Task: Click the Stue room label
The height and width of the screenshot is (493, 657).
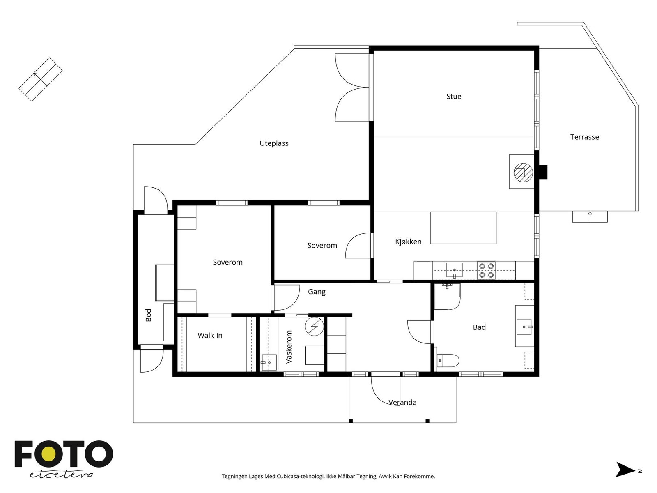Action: pyautogui.click(x=453, y=97)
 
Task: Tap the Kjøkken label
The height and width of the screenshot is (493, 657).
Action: pyautogui.click(x=408, y=242)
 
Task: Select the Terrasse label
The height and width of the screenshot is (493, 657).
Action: pyautogui.click(x=584, y=137)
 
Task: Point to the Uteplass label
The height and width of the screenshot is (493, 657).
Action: pyautogui.click(x=274, y=143)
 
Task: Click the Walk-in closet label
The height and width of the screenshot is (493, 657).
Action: pyautogui.click(x=210, y=336)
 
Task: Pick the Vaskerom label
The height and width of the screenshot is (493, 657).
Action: pyautogui.click(x=289, y=347)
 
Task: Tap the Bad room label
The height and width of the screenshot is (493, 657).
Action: pyautogui.click(x=479, y=327)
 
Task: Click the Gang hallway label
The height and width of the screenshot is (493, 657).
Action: pyautogui.click(x=317, y=292)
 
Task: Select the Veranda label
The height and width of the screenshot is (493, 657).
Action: pyautogui.click(x=402, y=402)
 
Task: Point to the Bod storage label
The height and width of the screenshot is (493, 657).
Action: pyautogui.click(x=149, y=315)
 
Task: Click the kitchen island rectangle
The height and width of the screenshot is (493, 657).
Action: pyautogui.click(x=463, y=228)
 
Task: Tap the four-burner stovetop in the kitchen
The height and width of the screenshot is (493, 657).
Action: pyautogui.click(x=486, y=270)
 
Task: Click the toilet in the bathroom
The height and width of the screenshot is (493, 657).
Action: pyautogui.click(x=448, y=360)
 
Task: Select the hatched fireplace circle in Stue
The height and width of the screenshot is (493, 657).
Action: pyautogui.click(x=523, y=173)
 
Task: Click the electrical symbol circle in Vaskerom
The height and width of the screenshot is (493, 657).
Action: pyautogui.click(x=314, y=326)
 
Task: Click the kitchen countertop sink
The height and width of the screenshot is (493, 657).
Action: pyautogui.click(x=454, y=270)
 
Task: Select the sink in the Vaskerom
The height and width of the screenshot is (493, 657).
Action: pyautogui.click(x=269, y=362)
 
